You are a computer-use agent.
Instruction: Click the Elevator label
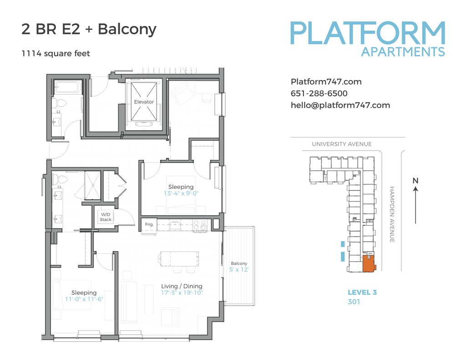pyautogui.click(x=144, y=102)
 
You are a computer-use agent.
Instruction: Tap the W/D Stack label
pyautogui.click(x=106, y=217)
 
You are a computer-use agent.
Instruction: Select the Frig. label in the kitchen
pyautogui.click(x=149, y=224)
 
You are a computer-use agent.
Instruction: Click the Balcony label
pyautogui.click(x=239, y=264)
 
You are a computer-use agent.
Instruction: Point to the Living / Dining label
pyautogui.click(x=182, y=286)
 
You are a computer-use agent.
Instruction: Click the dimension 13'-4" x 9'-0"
pyautogui.click(x=181, y=193)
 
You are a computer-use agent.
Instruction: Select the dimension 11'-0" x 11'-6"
pyautogui.click(x=84, y=299)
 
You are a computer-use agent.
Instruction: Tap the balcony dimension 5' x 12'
pyautogui.click(x=239, y=269)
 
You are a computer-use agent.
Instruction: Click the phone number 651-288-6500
pyautogui.click(x=319, y=94)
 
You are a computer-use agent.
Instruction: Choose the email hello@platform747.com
pyautogui.click(x=340, y=105)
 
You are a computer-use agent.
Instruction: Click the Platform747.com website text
pyautogui.click(x=326, y=82)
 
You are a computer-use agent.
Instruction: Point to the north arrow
pyautogui.click(x=415, y=203)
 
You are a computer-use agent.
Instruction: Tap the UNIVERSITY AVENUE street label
pyautogui.click(x=342, y=144)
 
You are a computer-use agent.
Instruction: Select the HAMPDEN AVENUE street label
pyautogui.click(x=391, y=214)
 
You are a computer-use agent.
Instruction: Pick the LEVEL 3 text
pyautogui.click(x=362, y=293)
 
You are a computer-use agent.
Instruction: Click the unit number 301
pyautogui.click(x=354, y=302)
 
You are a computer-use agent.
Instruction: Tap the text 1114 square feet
pyautogui.click(x=56, y=54)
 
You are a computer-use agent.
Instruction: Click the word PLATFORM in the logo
pyautogui.click(x=368, y=33)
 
